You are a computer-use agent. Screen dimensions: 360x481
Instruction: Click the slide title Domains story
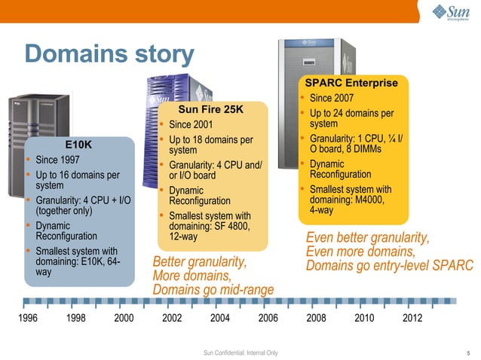point(109,54)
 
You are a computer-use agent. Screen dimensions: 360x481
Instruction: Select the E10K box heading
point(78,144)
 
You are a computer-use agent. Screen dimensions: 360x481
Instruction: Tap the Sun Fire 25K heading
point(210,110)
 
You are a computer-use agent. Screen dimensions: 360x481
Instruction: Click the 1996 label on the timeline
point(27,318)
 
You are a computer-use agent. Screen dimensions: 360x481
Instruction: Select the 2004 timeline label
point(219,318)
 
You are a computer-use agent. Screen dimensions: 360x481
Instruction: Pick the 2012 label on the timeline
point(412,318)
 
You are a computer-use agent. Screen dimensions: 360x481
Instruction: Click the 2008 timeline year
point(316,318)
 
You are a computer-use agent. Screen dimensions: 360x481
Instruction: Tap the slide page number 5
point(468,352)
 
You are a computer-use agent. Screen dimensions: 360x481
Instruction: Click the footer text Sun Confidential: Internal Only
point(240,352)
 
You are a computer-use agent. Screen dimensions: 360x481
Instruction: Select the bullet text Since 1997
point(57,160)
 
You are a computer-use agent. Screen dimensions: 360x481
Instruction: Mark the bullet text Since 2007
point(332,98)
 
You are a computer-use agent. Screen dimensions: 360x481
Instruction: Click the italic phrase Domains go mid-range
point(213,290)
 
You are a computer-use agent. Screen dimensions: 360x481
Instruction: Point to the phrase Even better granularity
point(367,238)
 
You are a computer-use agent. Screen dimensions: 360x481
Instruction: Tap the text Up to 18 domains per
point(210,140)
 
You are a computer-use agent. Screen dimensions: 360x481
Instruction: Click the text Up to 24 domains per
point(351,114)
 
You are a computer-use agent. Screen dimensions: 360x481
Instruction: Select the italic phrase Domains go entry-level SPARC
point(389,266)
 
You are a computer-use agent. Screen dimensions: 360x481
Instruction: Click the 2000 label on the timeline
point(124,318)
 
